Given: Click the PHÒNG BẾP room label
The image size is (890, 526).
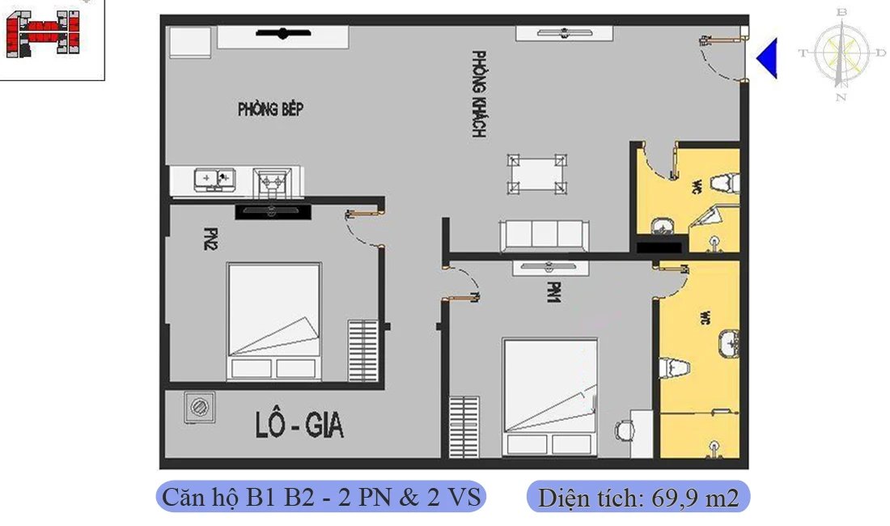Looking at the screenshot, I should point(270,109).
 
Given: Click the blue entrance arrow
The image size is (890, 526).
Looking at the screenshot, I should point(767,57).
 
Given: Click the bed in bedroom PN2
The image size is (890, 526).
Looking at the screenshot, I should point(273,320).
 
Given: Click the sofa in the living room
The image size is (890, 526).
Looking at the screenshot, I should point(544,235).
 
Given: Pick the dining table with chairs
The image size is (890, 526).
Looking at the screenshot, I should point(536,173).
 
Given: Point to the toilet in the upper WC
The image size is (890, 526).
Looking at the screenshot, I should point(725,183).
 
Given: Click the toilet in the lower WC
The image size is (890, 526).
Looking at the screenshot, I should point(674,367).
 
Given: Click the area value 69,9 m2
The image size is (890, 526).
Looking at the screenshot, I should point(638,497).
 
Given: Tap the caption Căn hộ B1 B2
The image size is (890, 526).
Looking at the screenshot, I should point(320,496).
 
